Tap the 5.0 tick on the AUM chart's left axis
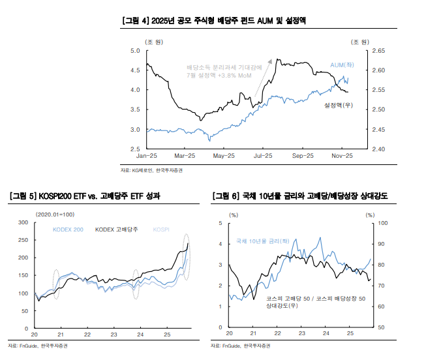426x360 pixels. (x=136, y=50)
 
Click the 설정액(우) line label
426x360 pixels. (x=339, y=104)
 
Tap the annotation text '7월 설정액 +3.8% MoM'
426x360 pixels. (x=219, y=76)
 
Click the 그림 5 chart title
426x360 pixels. (x=84, y=196)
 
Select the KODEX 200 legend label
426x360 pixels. (x=68, y=230)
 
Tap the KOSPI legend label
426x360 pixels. (x=160, y=230)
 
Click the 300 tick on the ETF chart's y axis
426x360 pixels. (x=23, y=223)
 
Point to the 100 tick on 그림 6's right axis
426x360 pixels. (x=382, y=223)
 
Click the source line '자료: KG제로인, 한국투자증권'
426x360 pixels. (x=152, y=171)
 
